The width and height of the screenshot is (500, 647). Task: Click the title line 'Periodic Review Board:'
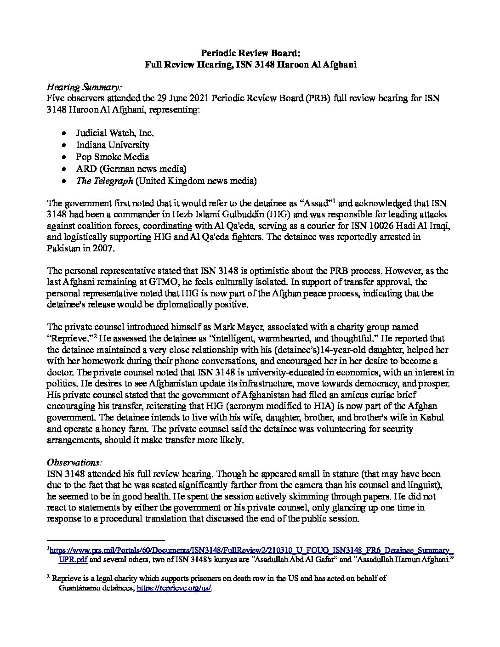[250, 53]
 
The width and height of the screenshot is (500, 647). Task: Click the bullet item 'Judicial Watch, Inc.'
[115, 133]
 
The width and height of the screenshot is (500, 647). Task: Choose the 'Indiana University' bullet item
[113, 145]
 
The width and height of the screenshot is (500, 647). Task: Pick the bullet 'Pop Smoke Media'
[113, 157]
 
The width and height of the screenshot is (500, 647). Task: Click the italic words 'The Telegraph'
[105, 181]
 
